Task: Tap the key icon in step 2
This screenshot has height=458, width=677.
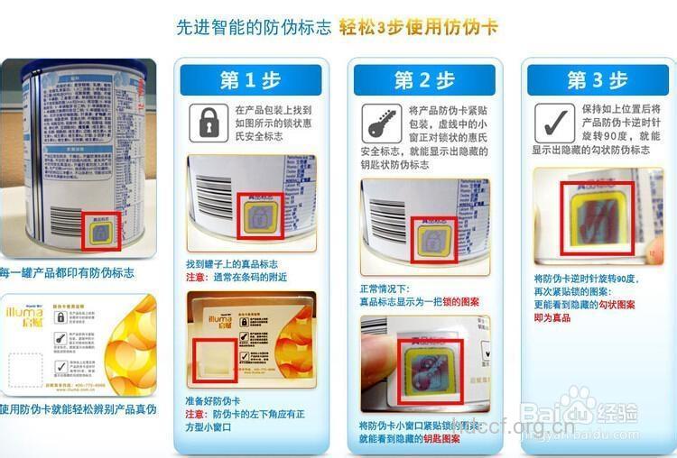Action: (381, 122)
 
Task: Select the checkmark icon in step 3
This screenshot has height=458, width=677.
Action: (552, 122)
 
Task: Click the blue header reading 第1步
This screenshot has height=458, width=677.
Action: (250, 80)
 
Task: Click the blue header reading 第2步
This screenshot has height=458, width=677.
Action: (423, 80)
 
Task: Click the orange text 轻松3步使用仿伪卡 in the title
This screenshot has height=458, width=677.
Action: (418, 27)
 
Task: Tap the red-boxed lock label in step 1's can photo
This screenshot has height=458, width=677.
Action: (259, 215)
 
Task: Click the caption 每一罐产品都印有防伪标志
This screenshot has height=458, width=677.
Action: (68, 271)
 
